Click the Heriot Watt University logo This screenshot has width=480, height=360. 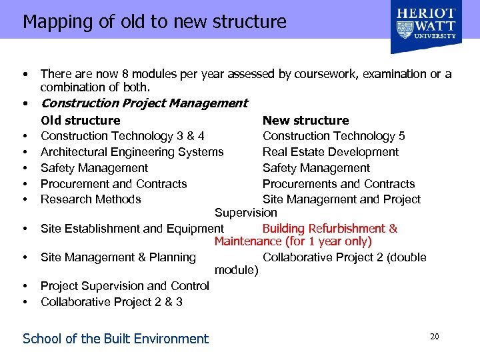coord(427,27)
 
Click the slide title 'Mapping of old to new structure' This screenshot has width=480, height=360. coord(155,21)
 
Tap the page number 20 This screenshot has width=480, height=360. coord(434,337)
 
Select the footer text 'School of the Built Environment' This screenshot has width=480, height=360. coord(115,339)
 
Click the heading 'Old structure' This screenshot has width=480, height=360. coord(80,121)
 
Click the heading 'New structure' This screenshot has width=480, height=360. coord(305,121)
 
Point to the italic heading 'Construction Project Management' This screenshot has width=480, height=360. coord(144,103)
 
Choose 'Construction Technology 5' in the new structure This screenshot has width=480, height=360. coord(333,136)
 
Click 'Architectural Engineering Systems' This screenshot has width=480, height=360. coord(132,152)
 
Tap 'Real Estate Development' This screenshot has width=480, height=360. coord(330,152)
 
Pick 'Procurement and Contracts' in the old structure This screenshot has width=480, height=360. coord(113,184)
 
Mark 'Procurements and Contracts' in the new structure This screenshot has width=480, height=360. coord(339,184)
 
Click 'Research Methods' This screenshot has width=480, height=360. coord(91,199)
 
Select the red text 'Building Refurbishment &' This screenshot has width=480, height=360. coord(330,229)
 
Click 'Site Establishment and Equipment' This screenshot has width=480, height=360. coord(127,229)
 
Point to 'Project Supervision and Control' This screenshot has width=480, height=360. coord(125,286)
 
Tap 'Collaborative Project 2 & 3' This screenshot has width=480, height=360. coord(111,302)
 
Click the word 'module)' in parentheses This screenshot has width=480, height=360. coord(236,270)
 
